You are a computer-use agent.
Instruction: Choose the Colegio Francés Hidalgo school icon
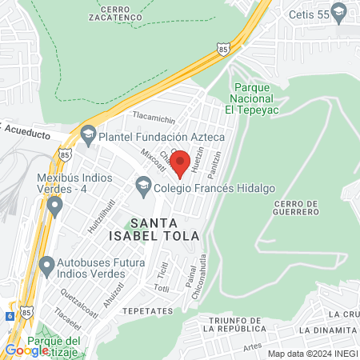(143, 186)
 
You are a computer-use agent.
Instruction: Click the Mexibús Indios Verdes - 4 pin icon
(54, 207)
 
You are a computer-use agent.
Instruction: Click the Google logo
(26, 350)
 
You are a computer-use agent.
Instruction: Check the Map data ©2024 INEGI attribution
(311, 353)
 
